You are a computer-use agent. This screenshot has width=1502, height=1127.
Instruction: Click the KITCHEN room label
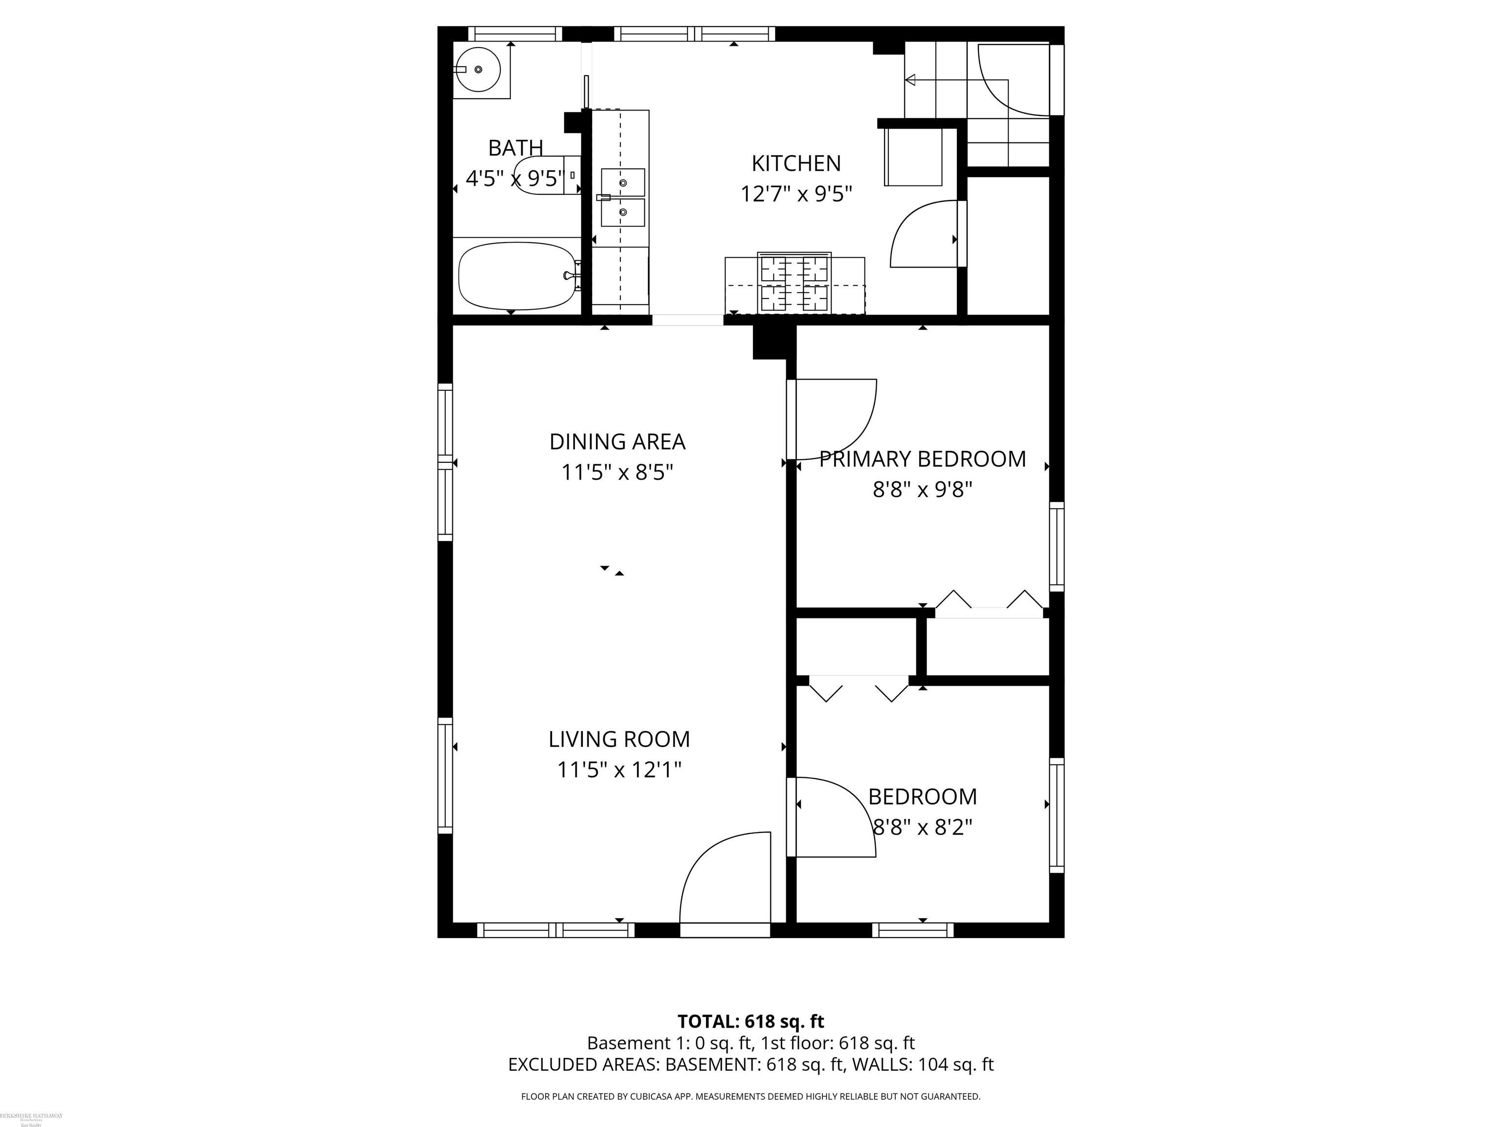(796, 164)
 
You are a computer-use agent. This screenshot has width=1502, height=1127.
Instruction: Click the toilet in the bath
(543, 175)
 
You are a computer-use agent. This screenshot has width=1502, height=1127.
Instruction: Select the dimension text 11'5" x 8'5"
(617, 472)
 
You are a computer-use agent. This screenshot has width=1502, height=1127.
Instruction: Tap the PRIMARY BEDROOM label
(922, 459)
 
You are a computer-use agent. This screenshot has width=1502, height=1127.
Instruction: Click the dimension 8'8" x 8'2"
(922, 828)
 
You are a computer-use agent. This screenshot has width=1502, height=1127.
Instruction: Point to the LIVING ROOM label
(618, 739)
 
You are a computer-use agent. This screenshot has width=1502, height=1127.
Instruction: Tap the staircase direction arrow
(910, 80)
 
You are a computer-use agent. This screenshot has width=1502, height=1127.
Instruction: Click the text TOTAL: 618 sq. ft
(751, 1021)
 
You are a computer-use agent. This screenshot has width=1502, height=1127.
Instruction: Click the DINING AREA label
(617, 442)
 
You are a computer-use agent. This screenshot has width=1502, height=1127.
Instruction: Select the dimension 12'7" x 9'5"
(796, 194)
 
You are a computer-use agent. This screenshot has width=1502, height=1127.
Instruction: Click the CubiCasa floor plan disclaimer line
(751, 1096)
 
